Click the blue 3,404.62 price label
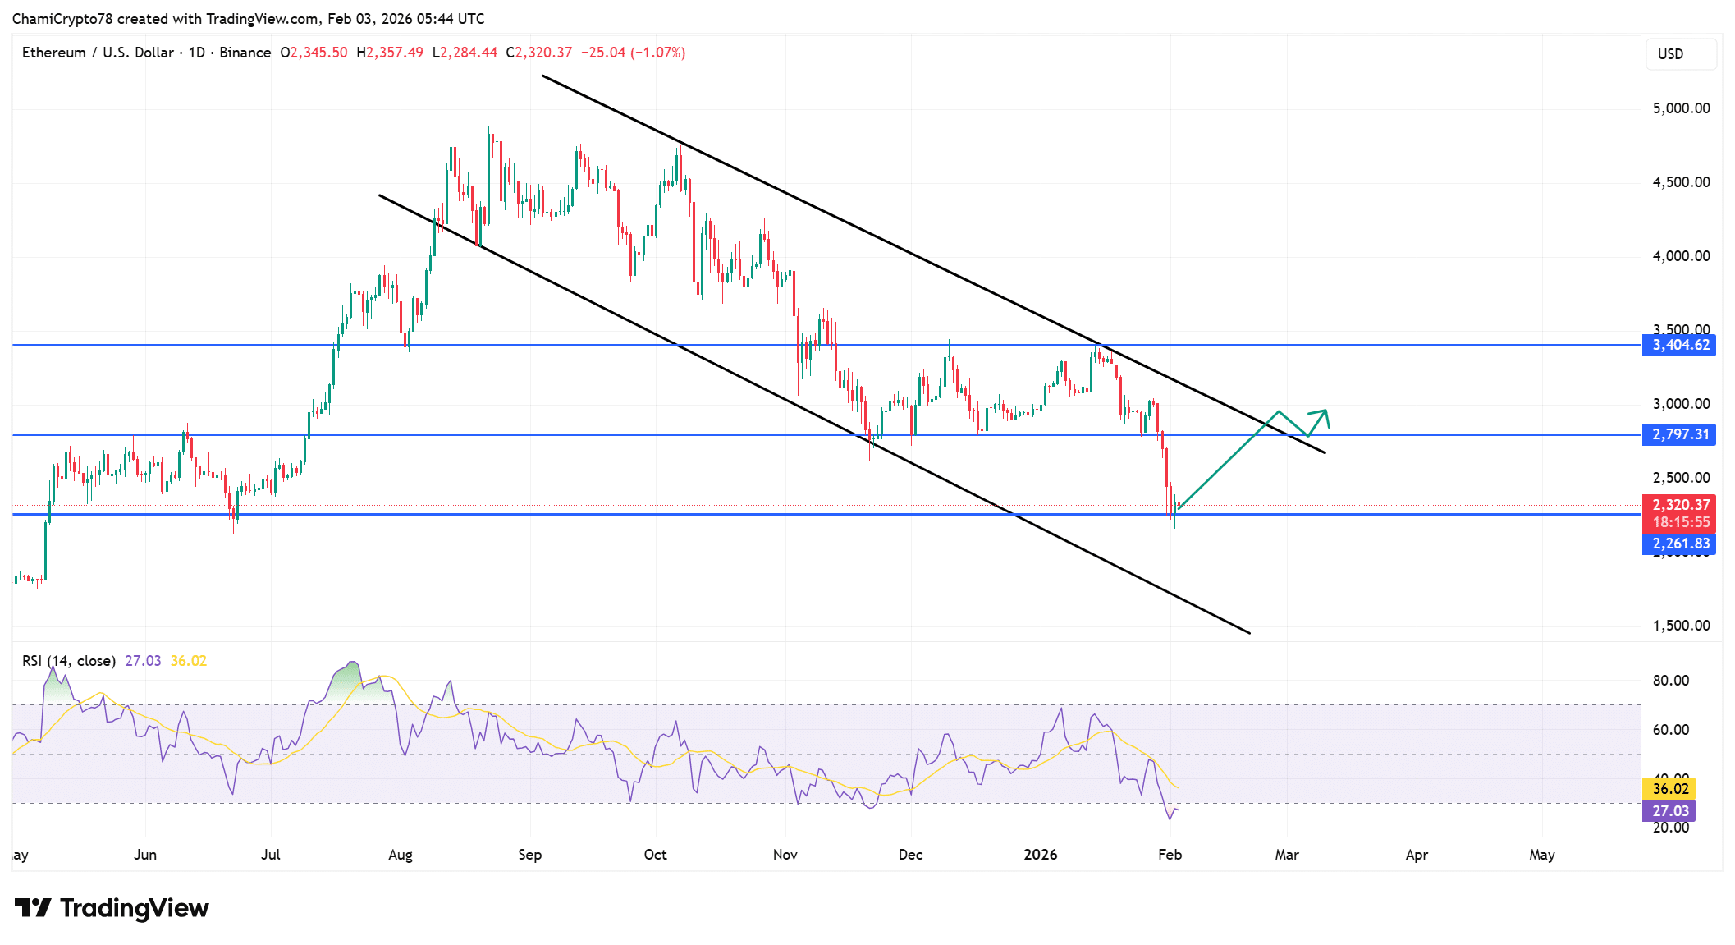point(1679,345)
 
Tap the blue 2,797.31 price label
point(1679,434)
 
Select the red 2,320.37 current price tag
point(1679,505)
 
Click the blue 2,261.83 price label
point(1679,544)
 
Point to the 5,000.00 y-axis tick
point(1681,108)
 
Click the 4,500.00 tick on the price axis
point(1681,182)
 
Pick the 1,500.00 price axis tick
point(1681,626)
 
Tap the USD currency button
point(1671,54)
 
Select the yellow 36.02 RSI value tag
point(1669,788)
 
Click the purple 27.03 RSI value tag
point(1669,810)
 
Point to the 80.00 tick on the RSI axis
point(1670,681)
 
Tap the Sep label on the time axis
point(530,855)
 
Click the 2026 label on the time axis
point(1041,855)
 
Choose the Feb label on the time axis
point(1170,855)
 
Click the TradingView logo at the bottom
point(112,908)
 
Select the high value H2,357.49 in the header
point(390,53)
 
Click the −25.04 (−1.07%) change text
point(633,53)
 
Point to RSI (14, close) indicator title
point(69,661)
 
